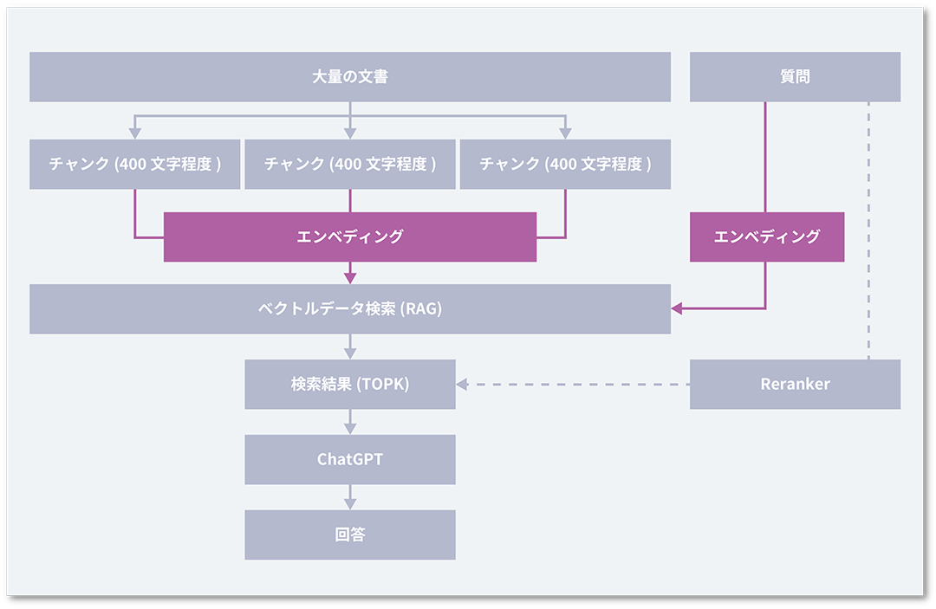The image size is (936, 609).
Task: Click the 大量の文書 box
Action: [350, 77]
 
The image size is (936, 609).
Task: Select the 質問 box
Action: [795, 77]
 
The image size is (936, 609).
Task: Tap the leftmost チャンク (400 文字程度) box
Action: [134, 164]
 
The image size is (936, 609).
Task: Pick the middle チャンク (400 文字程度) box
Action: [350, 164]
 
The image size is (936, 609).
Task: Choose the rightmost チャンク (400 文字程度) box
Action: [565, 164]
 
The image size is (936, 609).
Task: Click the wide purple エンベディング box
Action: [350, 236]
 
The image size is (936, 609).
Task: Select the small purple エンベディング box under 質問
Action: [766, 236]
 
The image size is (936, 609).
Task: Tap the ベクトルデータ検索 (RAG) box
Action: [350, 309]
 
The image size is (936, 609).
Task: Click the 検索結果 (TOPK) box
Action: [350, 384]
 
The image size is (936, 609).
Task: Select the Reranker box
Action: [795, 384]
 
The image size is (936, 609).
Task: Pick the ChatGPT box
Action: [350, 459]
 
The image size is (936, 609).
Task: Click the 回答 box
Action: [350, 534]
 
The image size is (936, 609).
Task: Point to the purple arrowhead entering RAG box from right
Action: [677, 308]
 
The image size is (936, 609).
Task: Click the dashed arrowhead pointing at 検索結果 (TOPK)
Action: [462, 384]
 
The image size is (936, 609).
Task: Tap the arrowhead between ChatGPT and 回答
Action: [350, 503]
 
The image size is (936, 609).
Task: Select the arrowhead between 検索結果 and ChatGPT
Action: [350, 428]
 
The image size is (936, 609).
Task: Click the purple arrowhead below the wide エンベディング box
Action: [350, 277]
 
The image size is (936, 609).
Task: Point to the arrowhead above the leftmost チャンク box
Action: [134, 133]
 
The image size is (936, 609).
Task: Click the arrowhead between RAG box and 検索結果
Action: [350, 353]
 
